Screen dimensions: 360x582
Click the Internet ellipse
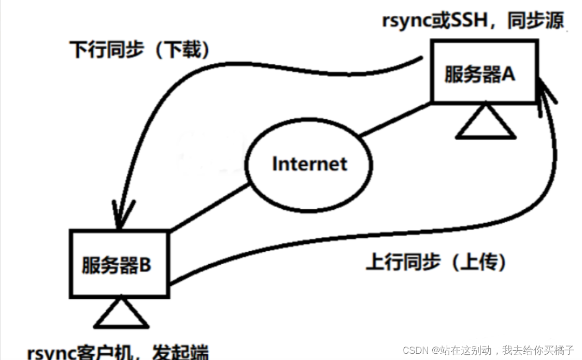point(309,164)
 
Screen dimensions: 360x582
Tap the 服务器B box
point(119,264)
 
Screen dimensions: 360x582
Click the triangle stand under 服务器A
point(486,123)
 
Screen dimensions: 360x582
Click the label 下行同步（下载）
point(140,50)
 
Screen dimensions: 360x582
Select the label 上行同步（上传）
point(436,262)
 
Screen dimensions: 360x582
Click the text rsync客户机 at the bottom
point(83,353)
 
